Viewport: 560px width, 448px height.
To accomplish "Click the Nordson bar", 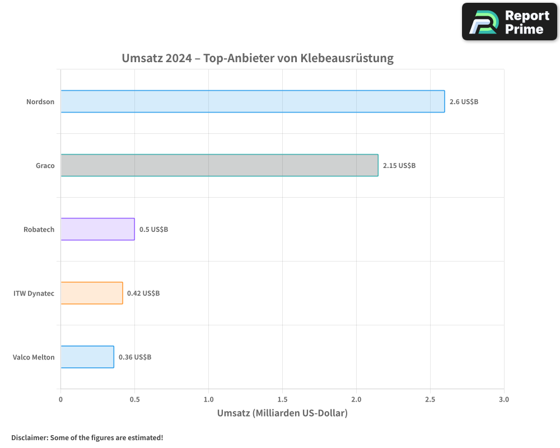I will coord(253,101).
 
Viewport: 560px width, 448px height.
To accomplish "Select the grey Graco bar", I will coord(220,165).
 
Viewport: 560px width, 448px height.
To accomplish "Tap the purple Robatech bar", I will coord(97,229).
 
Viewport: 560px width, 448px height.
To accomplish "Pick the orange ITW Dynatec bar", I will coord(92,293).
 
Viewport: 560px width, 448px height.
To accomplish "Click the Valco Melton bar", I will coord(87,357).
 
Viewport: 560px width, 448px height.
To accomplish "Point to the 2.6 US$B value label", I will coord(464,102).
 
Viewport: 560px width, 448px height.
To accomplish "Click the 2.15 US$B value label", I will coord(399,166).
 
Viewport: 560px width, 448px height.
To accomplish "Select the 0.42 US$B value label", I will coord(143,293).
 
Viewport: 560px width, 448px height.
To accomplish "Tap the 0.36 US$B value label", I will coord(135,357).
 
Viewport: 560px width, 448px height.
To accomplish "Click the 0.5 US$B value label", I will coord(153,230).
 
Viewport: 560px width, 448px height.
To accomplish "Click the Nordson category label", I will coord(40,102).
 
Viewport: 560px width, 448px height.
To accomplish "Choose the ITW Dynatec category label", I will coord(34,293).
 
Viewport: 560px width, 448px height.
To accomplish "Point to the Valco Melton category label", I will coord(34,357).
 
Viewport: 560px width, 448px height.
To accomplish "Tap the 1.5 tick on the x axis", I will coord(282,400).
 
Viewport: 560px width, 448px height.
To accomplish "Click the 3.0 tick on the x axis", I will coord(503,400).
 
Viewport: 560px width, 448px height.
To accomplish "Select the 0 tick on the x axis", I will coord(60,400).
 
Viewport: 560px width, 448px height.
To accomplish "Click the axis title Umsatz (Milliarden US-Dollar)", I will coord(282,413).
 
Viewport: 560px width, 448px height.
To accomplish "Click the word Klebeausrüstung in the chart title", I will coord(347,58).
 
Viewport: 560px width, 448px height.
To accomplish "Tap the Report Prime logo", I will coord(509,22).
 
